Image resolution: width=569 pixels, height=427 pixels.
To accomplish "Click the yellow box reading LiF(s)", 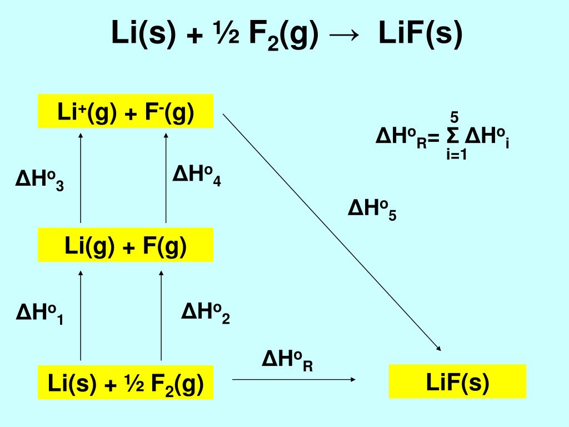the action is [x=457, y=381].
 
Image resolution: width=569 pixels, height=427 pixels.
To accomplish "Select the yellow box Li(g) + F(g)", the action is [x=126, y=245].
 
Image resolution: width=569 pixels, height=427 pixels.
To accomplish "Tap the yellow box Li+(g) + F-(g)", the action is [x=126, y=112].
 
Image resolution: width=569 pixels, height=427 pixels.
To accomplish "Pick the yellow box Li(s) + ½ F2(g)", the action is [x=126, y=383].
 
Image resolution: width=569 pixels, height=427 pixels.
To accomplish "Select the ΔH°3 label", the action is [x=39, y=182].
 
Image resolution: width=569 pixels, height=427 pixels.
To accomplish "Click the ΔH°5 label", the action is [x=372, y=210].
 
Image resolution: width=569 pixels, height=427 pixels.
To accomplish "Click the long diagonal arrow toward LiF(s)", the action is [x=332, y=232].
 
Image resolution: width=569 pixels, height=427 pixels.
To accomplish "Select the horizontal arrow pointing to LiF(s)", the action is [x=293, y=379].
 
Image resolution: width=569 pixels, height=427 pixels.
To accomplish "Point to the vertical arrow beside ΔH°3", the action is [x=81, y=177].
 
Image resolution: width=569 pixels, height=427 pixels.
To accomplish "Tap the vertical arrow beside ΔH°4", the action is [x=166, y=177].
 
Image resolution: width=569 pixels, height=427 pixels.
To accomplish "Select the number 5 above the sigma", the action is [x=454, y=117].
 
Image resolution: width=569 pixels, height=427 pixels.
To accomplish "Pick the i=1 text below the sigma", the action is [x=456, y=155].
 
